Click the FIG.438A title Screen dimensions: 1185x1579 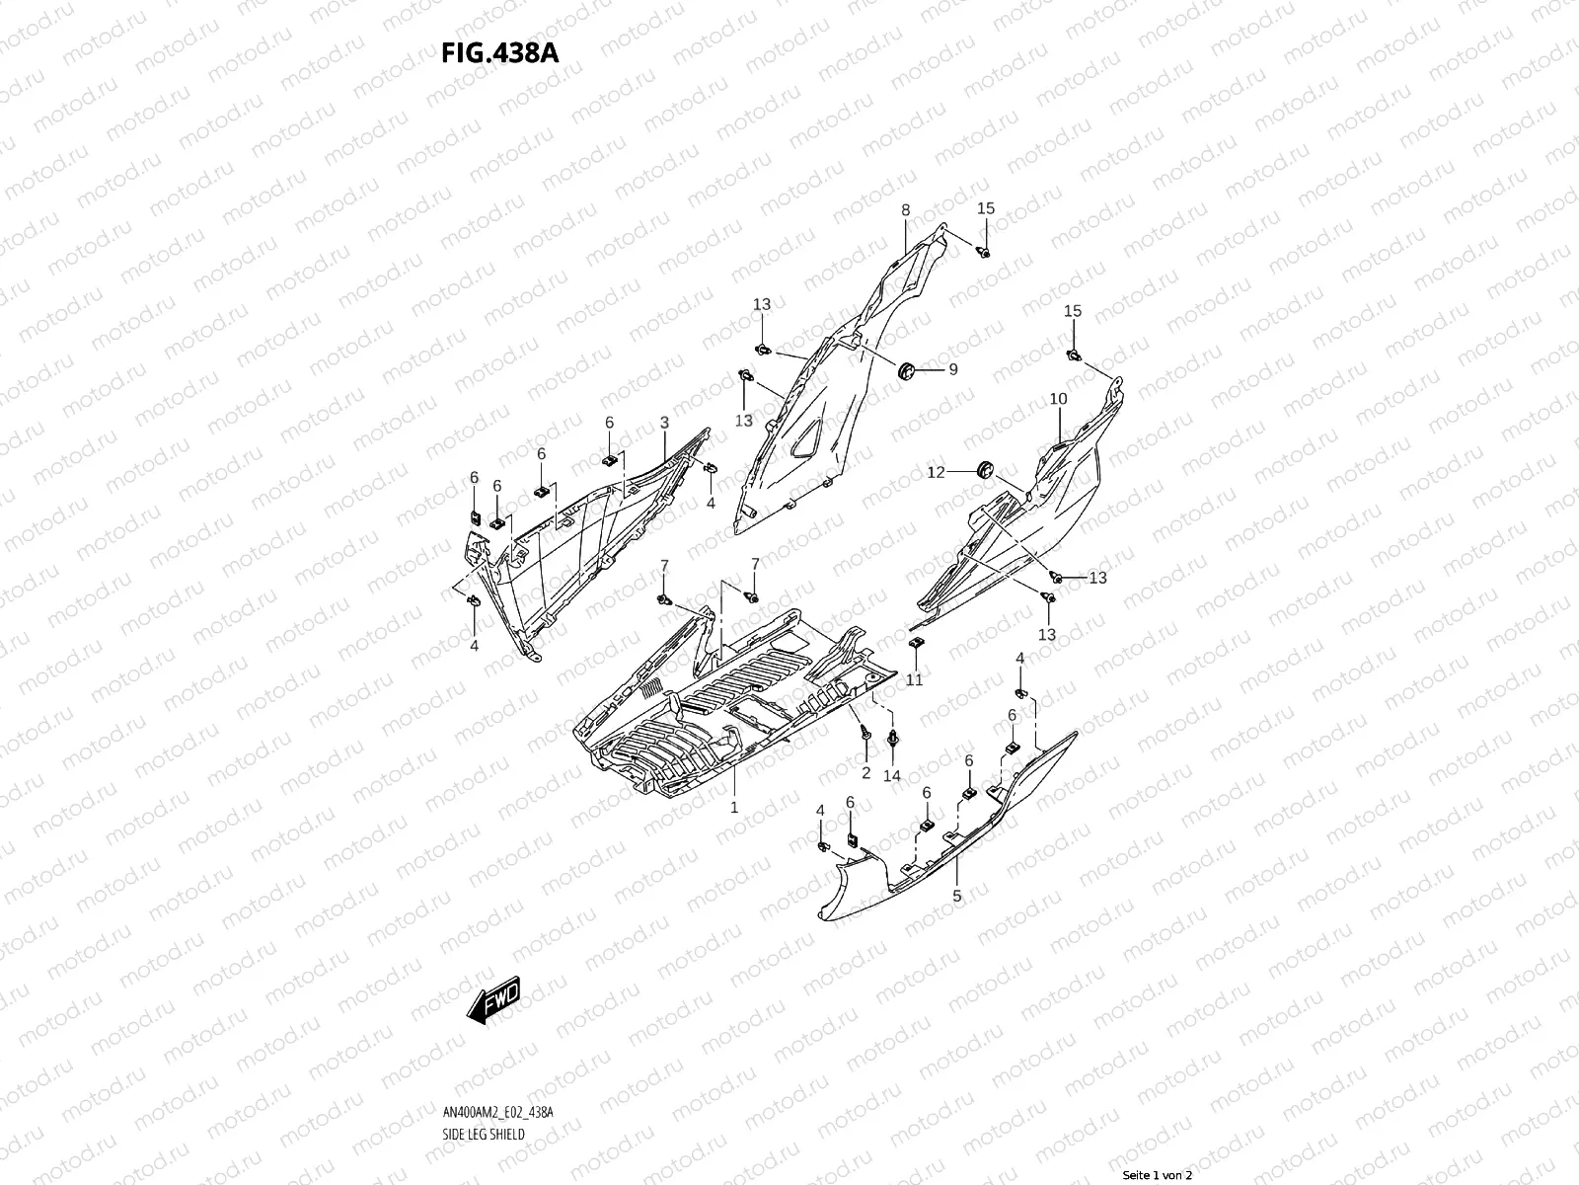tap(499, 53)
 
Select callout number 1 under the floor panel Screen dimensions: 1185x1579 tap(734, 807)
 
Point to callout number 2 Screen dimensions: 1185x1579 tap(865, 772)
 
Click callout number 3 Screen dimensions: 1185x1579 tap(664, 423)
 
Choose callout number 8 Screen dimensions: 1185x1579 tap(905, 210)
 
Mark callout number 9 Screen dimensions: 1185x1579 tap(952, 369)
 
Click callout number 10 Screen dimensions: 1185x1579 tap(1058, 399)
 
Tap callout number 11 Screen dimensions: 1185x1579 tap(915, 680)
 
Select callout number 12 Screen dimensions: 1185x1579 tap(936, 472)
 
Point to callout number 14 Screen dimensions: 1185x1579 tap(891, 775)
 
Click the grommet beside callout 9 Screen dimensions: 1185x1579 tap(906, 370)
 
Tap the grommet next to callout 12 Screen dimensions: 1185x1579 tap(982, 470)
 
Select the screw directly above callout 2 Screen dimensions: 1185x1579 tap(865, 735)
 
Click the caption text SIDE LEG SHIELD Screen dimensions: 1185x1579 tap(484, 1078)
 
